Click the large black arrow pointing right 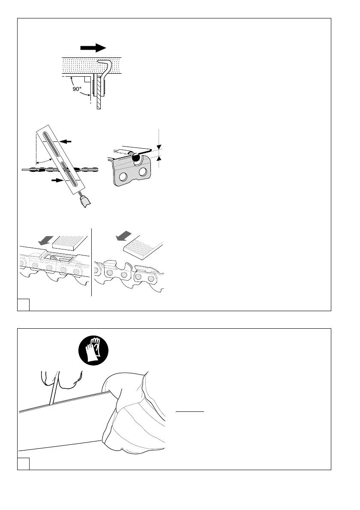(93, 47)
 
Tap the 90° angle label (77, 90)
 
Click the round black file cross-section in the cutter (136, 158)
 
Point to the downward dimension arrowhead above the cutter (159, 146)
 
